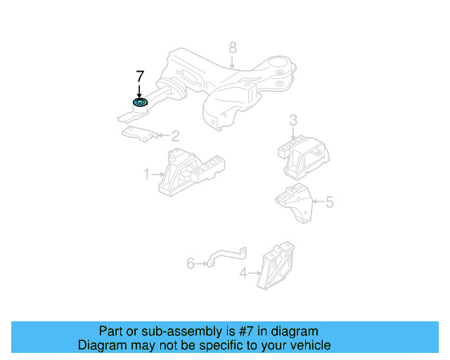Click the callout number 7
139,76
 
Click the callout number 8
233,49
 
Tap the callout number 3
294,121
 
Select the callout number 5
329,202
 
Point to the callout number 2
175,135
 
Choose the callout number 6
191,264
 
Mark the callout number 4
243,273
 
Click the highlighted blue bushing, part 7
140,104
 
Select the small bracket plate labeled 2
139,133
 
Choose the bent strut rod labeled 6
226,257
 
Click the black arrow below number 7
139,91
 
